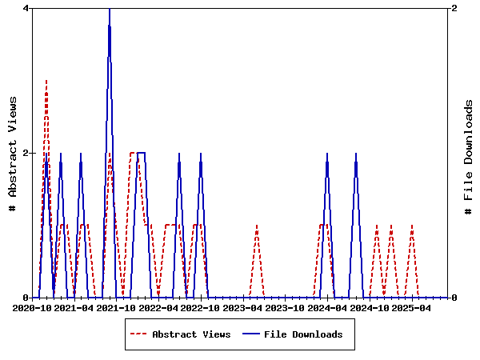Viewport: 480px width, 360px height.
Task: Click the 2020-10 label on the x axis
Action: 33,308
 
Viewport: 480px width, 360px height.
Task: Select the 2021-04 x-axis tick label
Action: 74,308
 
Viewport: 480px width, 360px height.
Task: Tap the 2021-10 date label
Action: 117,308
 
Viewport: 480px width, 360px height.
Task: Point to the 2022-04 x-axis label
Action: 158,308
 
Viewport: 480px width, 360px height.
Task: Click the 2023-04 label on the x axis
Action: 242,308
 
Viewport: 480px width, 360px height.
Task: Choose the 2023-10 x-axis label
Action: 285,308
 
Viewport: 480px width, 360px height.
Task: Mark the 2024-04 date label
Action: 326,308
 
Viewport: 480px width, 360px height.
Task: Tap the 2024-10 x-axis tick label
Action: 369,308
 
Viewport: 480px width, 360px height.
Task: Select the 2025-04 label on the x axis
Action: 410,308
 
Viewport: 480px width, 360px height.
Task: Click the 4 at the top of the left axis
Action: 26,8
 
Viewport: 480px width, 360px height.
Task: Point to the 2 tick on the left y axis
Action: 26,153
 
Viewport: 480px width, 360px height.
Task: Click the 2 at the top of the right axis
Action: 454,8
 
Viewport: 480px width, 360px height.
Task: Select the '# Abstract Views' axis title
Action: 13,153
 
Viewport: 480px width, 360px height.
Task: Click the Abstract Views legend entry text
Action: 191,334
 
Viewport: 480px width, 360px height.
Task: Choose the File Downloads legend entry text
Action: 303,334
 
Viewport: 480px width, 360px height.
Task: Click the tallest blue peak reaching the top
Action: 110,10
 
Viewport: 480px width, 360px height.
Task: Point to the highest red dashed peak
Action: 46,81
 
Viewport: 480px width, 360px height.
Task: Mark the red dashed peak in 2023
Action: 256,226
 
